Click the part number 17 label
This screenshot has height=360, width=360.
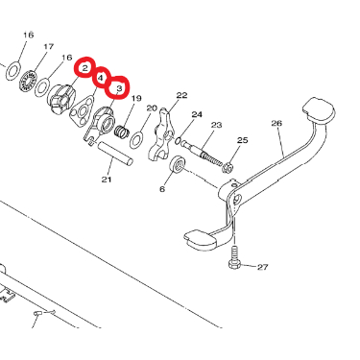[x=49, y=47]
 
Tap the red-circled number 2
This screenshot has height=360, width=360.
[x=84, y=67]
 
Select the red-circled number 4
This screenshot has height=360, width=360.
[x=101, y=78]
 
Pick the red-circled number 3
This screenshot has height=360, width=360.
[x=119, y=88]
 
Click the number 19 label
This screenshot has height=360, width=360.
[x=136, y=98]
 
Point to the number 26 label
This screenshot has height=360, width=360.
[x=276, y=123]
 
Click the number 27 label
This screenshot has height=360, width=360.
[x=263, y=267]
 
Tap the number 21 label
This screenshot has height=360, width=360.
[x=107, y=180]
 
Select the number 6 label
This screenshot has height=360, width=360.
[x=162, y=189]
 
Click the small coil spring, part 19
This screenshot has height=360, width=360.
[x=122, y=132]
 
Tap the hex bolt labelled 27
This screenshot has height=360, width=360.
[x=234, y=257]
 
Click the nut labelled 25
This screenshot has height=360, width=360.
[x=228, y=167]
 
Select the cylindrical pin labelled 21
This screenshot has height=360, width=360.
[x=115, y=154]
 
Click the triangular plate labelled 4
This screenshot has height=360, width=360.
[x=83, y=111]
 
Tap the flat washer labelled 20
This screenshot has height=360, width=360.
[x=136, y=140]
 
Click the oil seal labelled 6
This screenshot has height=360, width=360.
[x=177, y=164]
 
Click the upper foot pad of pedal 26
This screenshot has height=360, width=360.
[x=319, y=110]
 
